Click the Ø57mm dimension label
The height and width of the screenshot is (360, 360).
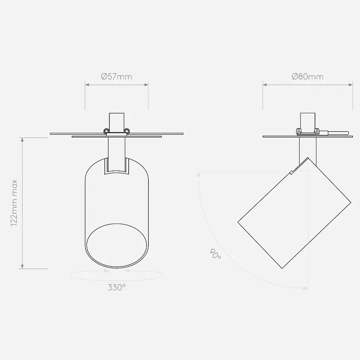[x=116, y=76]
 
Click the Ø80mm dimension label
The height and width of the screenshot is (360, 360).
[x=308, y=76]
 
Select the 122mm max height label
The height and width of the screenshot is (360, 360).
[x=14, y=203]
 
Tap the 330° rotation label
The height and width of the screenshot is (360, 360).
[x=117, y=287]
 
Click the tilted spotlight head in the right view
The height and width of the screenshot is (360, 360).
[x=294, y=212]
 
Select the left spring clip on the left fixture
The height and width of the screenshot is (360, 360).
[x=106, y=131]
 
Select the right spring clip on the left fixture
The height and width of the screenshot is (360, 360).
[x=127, y=131]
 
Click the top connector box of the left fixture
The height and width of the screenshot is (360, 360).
[x=116, y=121]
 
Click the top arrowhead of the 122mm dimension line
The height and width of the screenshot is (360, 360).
[x=22, y=140]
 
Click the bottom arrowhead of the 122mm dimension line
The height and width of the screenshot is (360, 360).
[x=22, y=267]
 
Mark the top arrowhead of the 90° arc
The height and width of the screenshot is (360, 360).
[x=199, y=173]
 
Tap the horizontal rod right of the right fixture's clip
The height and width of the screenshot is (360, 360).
[x=337, y=133]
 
